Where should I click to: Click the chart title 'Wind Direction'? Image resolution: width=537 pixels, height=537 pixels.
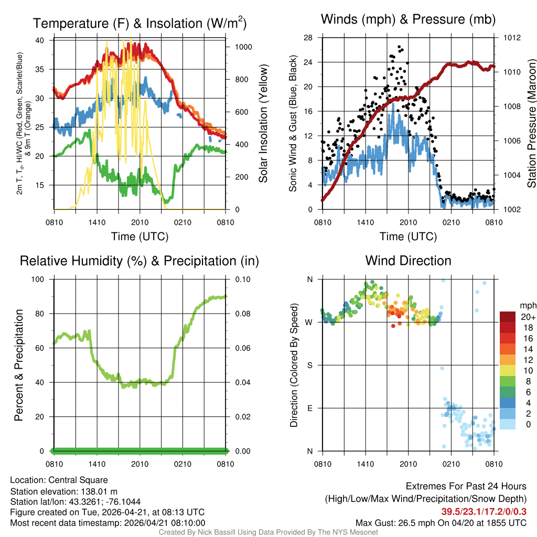408,261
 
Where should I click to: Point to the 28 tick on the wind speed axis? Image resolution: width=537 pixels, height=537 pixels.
308,38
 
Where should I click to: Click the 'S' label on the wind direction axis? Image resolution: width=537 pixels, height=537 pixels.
309,365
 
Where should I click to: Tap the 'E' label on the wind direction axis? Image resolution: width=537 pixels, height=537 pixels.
309,408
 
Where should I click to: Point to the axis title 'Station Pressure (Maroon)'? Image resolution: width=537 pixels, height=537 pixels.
531,123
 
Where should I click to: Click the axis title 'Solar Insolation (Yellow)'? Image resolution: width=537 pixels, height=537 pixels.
263,123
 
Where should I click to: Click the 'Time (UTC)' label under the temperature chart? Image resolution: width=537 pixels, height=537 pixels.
139,237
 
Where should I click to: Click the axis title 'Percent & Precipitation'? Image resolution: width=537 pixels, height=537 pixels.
19,365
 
